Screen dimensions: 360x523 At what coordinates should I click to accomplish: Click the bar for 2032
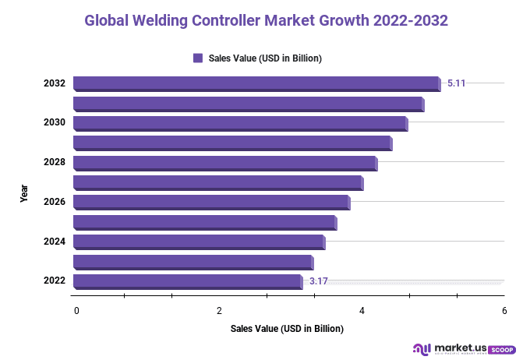[x=256, y=83]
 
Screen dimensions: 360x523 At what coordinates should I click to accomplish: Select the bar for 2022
[x=188, y=281]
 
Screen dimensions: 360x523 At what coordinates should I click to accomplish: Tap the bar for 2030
[x=240, y=123]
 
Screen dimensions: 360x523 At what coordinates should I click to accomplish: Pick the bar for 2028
[x=224, y=163]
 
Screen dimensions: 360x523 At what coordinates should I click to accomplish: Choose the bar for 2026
[x=211, y=203]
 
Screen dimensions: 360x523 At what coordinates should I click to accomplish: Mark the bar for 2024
[x=199, y=242]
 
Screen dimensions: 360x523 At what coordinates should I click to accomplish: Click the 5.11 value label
[x=457, y=82]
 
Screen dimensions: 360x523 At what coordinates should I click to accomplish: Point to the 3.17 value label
[x=318, y=281]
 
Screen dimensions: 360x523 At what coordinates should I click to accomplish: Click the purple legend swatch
[x=198, y=58]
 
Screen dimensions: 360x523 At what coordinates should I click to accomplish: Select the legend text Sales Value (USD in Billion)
[x=265, y=58]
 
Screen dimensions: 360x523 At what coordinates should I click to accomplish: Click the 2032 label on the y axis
[x=54, y=83]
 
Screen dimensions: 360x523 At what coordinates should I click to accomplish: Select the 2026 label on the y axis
[x=54, y=203]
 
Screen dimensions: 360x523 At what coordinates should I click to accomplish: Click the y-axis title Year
[x=24, y=193]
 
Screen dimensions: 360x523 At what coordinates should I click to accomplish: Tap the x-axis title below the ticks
[x=287, y=329]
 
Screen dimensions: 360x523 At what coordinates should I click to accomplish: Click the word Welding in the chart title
[x=165, y=20]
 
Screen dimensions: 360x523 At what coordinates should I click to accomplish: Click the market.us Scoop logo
[x=462, y=348]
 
